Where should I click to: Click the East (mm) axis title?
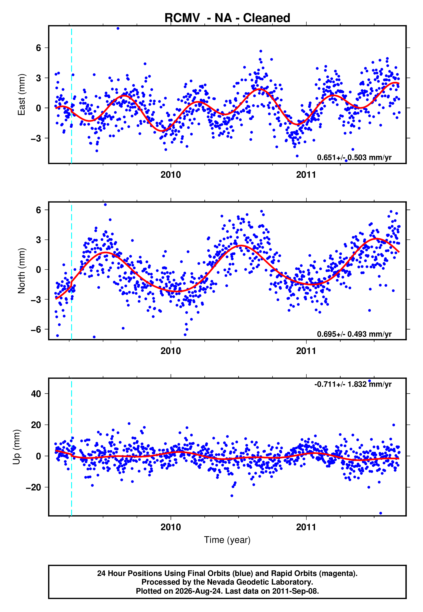[x=22, y=95]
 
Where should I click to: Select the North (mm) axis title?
[x=22, y=271]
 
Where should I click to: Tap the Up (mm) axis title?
[x=16, y=447]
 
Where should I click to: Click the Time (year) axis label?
[x=227, y=540]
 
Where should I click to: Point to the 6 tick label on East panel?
[x=39, y=48]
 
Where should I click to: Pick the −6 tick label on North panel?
[x=36, y=329]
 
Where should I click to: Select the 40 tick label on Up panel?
[x=36, y=394]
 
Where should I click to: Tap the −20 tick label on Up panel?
[x=33, y=487]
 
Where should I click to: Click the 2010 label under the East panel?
[x=171, y=175]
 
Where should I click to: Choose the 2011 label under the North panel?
[x=306, y=351]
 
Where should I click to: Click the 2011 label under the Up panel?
[x=306, y=527]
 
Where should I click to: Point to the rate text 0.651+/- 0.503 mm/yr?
[x=354, y=157]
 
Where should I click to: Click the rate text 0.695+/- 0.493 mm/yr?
[x=354, y=334]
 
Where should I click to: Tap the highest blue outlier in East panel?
[x=118, y=28]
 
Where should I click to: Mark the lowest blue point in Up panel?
[x=381, y=513]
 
